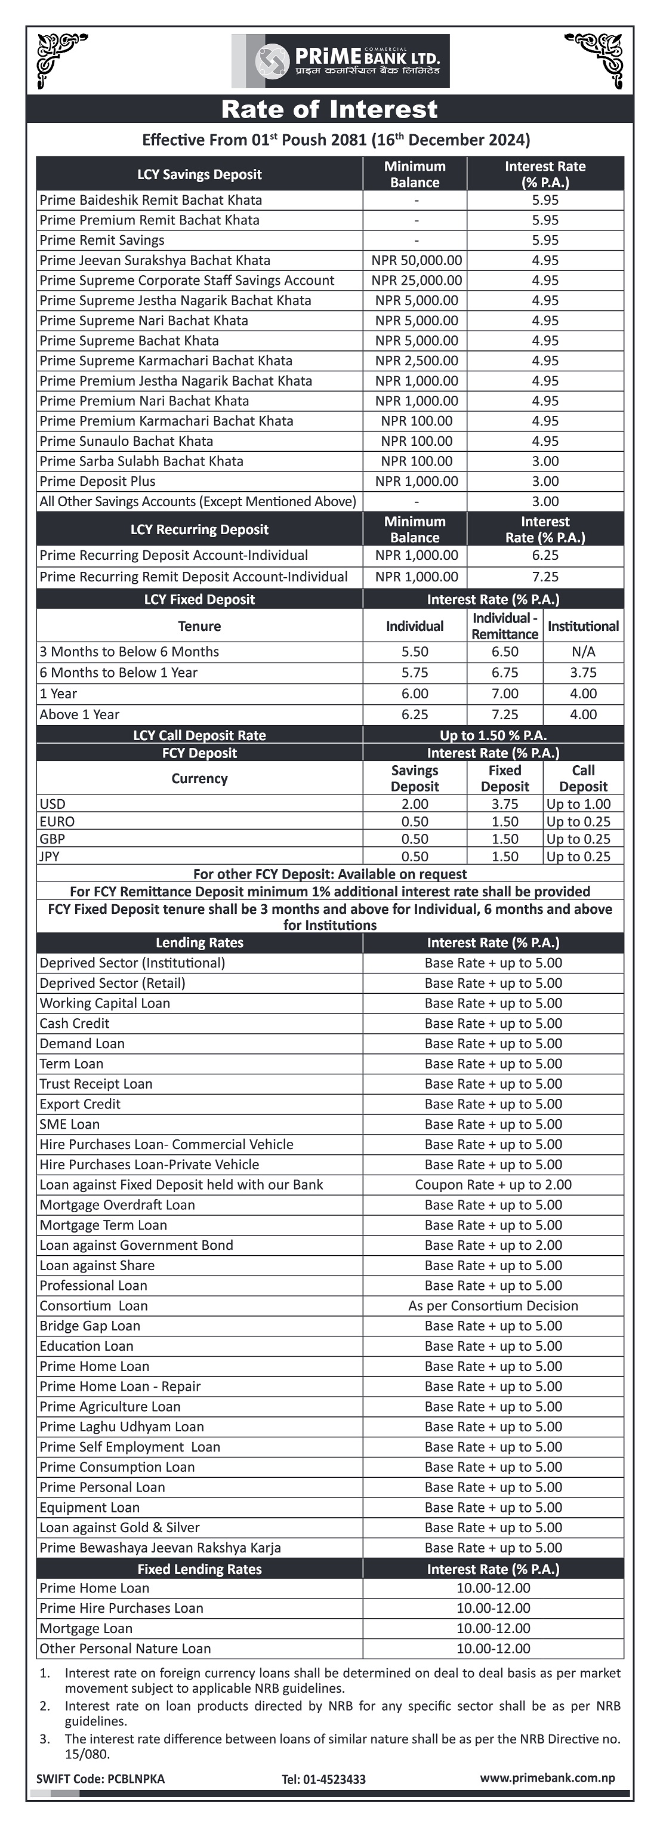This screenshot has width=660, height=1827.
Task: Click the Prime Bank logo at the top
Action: [x=340, y=61]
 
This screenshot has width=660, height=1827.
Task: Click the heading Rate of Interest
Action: [x=329, y=109]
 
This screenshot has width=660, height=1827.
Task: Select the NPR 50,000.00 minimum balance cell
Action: [x=416, y=260]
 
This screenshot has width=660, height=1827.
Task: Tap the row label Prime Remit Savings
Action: [x=102, y=241]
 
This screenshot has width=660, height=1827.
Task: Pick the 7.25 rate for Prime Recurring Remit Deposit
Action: [x=545, y=577]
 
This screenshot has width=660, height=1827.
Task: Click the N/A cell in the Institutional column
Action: [x=583, y=651]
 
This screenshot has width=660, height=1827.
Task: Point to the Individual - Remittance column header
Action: [x=505, y=626]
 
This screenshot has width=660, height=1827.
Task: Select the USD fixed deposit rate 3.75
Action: [x=505, y=803]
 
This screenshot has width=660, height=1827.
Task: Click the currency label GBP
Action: [x=53, y=839]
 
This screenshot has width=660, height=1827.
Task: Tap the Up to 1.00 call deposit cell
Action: [x=578, y=803]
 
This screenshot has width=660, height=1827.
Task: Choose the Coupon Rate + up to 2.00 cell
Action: [x=494, y=1184]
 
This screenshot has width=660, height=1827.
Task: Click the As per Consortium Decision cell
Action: [x=494, y=1306]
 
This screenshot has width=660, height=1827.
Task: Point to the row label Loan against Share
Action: [x=97, y=1265]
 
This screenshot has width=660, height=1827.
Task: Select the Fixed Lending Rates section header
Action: [x=199, y=1569]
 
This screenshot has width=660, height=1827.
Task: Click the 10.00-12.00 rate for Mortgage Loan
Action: [x=494, y=1628]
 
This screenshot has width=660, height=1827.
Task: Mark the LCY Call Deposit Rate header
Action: [x=199, y=735]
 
